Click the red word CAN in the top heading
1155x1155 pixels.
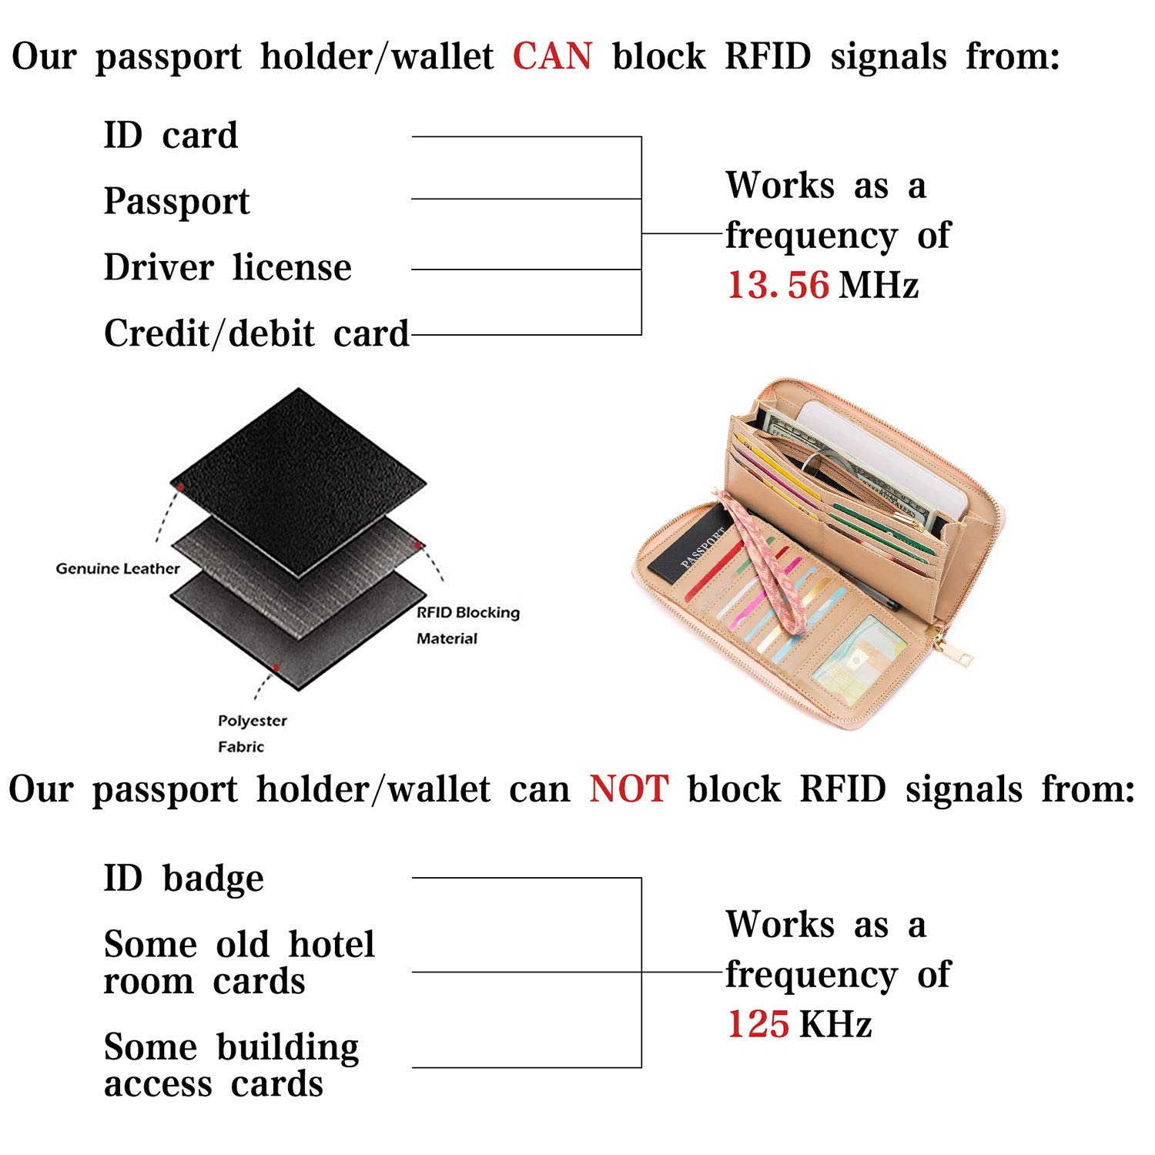553,56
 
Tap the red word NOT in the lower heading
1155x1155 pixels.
629,789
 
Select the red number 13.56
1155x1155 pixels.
778,285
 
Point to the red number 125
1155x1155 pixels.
758,1024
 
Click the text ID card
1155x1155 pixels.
171,136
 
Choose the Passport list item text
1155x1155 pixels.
177,202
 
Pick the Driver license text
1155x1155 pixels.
228,267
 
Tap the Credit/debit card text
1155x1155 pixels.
256,333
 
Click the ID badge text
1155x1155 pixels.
184,879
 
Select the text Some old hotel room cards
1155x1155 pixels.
239,962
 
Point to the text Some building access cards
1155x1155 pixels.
231,1065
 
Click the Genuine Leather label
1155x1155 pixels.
118,569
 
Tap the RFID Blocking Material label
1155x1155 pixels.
468,625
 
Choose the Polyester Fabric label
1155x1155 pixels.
253,734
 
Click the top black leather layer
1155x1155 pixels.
298,483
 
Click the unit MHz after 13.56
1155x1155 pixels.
879,285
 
